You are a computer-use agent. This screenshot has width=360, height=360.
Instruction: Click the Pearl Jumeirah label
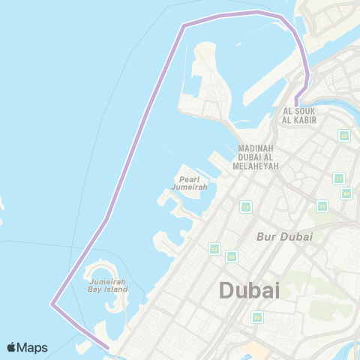[187, 183]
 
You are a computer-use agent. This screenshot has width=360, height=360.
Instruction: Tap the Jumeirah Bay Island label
[106, 285]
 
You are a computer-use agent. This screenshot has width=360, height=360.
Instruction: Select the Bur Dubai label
[284, 236]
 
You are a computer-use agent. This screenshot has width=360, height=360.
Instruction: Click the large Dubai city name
[249, 289]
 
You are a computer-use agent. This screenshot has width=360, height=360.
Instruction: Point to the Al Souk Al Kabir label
[299, 115]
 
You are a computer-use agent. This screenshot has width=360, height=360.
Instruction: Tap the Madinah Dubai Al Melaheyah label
[258, 156]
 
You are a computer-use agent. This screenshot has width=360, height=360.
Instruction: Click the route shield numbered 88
[344, 136]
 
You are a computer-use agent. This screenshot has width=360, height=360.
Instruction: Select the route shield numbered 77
[338, 178]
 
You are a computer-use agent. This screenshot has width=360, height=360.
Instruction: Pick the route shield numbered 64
[346, 193]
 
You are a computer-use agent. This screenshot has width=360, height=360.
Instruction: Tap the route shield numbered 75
[322, 205]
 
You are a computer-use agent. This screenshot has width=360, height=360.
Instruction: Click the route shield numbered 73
[246, 206]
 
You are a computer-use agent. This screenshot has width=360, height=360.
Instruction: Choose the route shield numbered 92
[214, 248]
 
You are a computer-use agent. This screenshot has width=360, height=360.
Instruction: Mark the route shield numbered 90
[232, 256]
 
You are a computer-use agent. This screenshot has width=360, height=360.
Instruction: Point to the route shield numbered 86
[257, 316]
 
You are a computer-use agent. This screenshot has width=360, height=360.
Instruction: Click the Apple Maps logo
[28, 347]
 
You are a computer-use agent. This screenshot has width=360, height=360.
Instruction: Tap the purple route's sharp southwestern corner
[52, 304]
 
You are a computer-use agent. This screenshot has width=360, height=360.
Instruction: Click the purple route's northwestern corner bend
[183, 25]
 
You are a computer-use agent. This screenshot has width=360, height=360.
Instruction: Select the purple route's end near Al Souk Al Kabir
[296, 103]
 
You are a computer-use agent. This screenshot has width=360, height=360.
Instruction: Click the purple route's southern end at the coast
[109, 346]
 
